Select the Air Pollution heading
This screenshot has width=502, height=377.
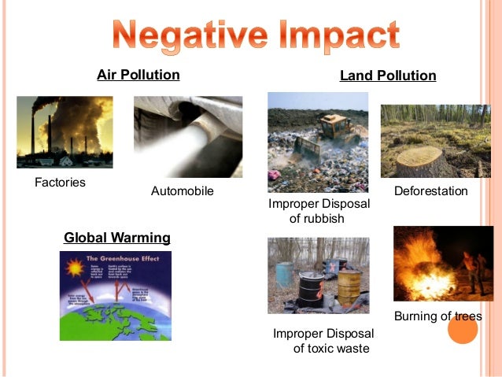pos(138,76)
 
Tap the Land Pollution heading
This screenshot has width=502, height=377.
pos(388,76)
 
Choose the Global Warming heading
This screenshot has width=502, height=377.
pos(116,237)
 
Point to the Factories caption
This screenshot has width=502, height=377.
pos(60,183)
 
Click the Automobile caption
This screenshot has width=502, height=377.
pos(182,191)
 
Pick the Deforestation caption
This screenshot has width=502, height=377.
pos(430,191)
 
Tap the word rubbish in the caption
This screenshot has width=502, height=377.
pos(317,219)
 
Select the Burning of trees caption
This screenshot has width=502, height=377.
pos(437,316)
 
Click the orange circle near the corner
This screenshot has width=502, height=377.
pos(463,329)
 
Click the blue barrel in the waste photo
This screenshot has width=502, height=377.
pos(284,275)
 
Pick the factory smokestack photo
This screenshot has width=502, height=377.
pos(65,132)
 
